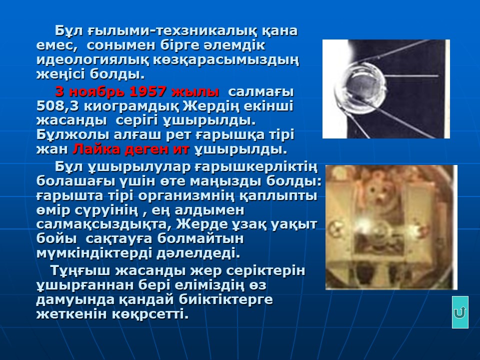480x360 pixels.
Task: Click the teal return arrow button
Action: (460, 312)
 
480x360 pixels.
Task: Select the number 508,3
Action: (58, 106)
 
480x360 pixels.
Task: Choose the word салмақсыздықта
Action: (104, 224)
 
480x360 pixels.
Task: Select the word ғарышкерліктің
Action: (256, 167)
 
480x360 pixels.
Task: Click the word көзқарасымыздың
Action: (225, 60)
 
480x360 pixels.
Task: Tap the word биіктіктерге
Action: (225, 299)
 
